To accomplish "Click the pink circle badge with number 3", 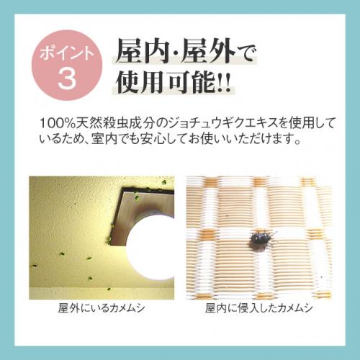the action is point(67,65).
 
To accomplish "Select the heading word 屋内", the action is point(142,51).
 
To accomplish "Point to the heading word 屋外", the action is point(207,51).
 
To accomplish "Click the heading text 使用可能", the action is point(166,82).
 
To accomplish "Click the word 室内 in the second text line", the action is point(103,139).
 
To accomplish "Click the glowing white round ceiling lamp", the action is point(150,248).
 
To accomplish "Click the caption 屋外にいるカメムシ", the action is point(102,308).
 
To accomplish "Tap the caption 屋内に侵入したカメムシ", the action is point(258,308).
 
